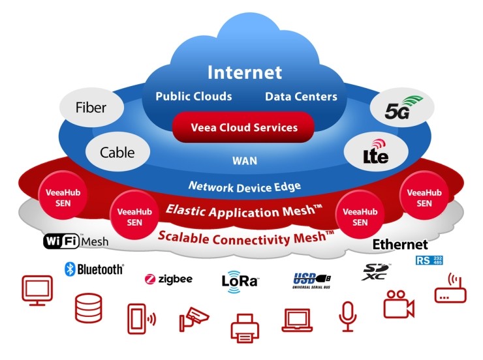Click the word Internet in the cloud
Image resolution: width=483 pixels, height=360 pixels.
(x=245, y=72)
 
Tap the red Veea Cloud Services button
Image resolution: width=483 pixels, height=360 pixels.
(x=243, y=127)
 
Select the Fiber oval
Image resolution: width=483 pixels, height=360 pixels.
(x=91, y=108)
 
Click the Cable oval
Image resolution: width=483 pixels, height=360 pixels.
(x=117, y=153)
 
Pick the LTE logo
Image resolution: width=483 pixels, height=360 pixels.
(x=375, y=152)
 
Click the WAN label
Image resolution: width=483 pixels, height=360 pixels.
(x=245, y=161)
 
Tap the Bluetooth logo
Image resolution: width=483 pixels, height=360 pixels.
(x=94, y=269)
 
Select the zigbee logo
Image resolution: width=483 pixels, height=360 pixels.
(x=168, y=279)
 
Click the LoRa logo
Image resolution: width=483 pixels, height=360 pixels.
(x=240, y=281)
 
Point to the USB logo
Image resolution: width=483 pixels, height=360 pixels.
(x=311, y=280)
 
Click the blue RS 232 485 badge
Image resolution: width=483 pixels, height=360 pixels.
(x=429, y=260)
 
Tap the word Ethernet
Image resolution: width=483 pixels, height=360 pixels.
(x=400, y=245)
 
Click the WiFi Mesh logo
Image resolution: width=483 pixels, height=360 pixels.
(x=76, y=241)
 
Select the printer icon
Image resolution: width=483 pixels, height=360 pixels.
(x=245, y=328)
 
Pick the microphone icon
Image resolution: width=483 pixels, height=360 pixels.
(x=348, y=316)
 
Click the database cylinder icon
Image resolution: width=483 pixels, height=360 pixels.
(x=88, y=308)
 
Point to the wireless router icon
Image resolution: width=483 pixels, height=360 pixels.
(x=450, y=288)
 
